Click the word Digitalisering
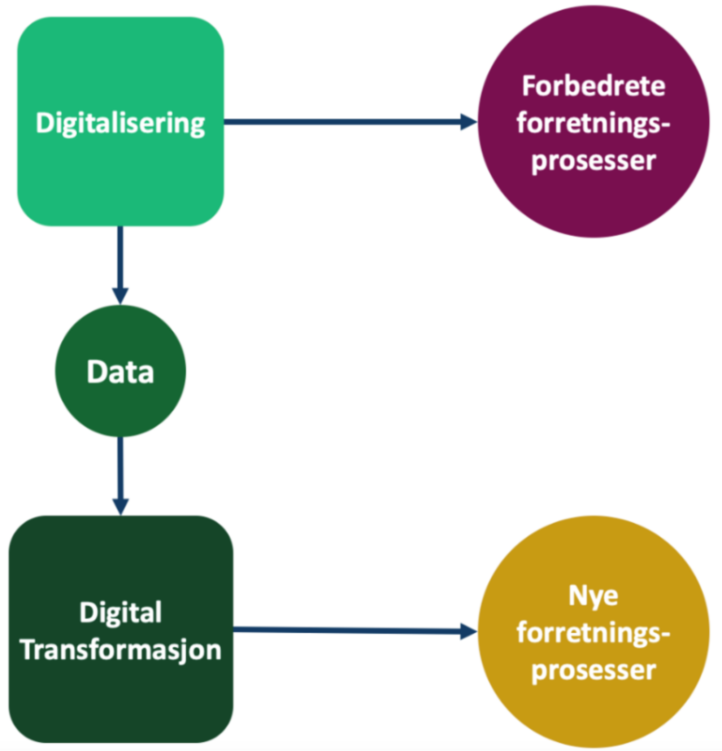(120, 123)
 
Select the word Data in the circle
(120, 372)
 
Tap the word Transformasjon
(121, 650)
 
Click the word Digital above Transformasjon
(120, 612)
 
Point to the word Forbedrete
(593, 87)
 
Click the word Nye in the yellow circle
(593, 596)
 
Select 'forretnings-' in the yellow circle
(593, 633)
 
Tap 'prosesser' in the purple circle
(593, 161)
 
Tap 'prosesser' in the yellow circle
(593, 671)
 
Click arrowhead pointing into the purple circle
(468, 122)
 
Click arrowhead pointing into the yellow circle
(468, 632)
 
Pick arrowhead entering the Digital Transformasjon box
(120, 506)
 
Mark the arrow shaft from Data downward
(120, 467)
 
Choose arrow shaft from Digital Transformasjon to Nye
(345, 630)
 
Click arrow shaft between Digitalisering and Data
(120, 257)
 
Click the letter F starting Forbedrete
(529, 86)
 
